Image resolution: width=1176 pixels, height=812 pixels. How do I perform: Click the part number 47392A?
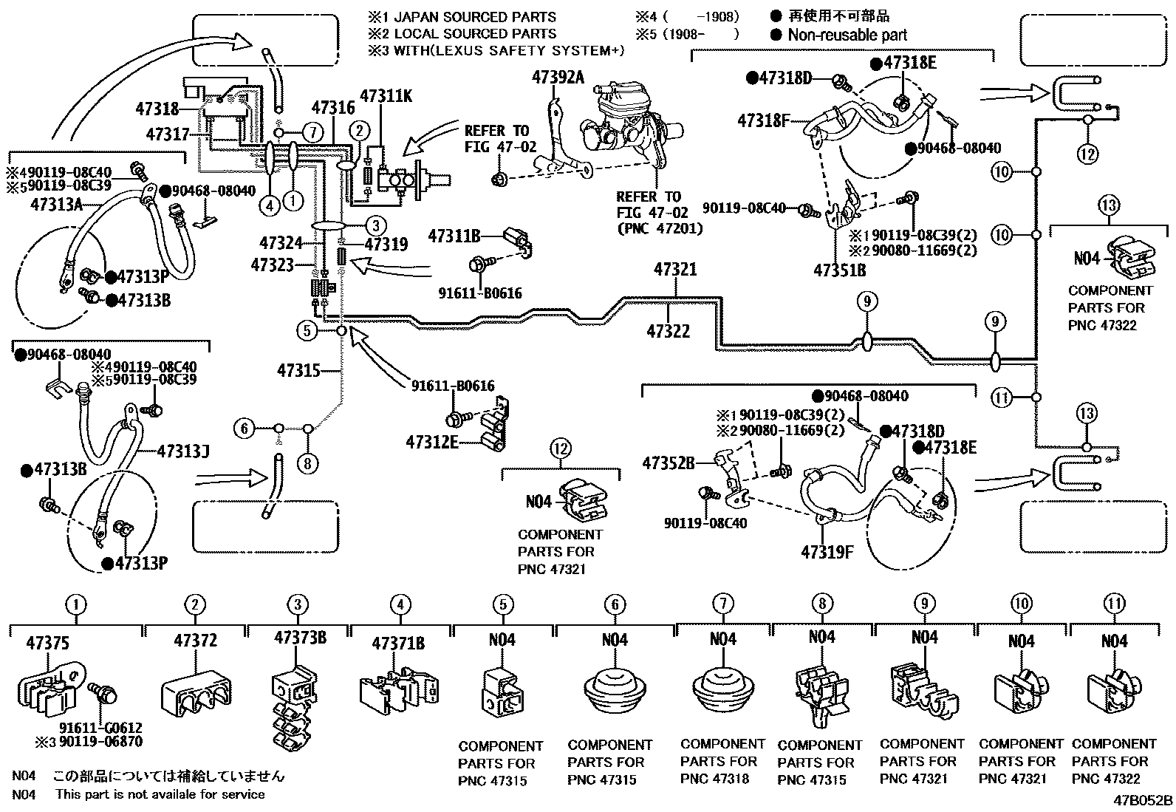click(557, 76)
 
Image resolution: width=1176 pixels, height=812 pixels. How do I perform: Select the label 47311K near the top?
click(387, 95)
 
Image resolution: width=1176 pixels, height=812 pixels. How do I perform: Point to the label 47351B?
click(839, 270)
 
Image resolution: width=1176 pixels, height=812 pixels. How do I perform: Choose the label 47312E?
click(431, 442)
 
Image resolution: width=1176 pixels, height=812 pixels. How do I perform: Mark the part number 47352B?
click(668, 463)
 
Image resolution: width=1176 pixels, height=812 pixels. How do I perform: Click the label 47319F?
click(827, 551)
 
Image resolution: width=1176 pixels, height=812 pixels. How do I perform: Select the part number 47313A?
click(56, 205)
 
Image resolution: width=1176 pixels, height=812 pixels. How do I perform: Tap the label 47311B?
click(454, 236)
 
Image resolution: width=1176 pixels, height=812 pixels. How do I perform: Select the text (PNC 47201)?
click(660, 228)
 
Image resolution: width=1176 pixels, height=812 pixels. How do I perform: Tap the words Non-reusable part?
click(847, 35)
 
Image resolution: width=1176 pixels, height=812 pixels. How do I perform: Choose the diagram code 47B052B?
click(1143, 800)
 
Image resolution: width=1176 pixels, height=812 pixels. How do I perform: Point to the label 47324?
click(281, 242)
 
